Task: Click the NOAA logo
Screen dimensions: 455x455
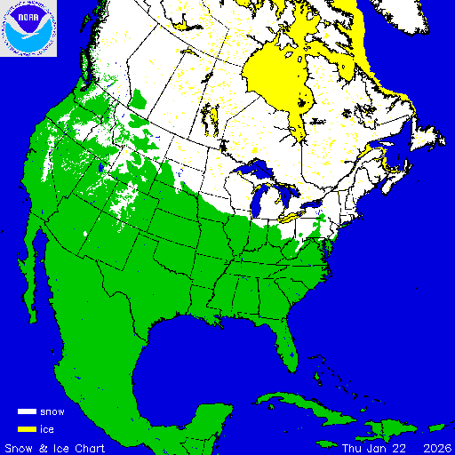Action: [29, 29]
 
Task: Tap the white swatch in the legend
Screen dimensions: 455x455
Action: [27, 412]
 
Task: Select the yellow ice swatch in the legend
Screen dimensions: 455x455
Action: [27, 429]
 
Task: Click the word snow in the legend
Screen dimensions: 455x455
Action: [52, 412]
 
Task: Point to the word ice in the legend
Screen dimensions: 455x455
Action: [47, 429]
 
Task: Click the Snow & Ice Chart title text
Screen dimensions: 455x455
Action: [55, 447]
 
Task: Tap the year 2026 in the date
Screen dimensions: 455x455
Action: [435, 447]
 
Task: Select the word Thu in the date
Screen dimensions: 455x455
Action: [352, 447]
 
